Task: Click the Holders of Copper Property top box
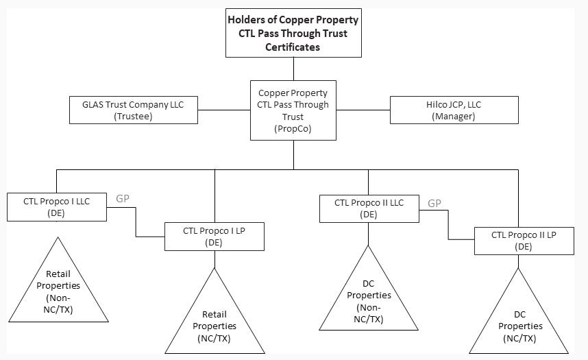(x=293, y=33)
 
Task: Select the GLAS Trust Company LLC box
(x=134, y=110)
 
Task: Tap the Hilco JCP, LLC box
(x=454, y=110)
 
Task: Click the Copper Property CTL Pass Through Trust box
(x=293, y=110)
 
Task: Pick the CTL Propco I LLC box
(x=57, y=207)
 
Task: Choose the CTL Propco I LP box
(x=215, y=236)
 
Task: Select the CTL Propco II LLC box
(x=369, y=208)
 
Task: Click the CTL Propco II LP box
(x=524, y=241)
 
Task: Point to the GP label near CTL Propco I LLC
(x=123, y=199)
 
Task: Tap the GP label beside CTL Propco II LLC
(x=434, y=203)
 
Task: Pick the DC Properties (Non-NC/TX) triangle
(x=369, y=302)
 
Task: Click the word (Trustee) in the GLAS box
(x=134, y=117)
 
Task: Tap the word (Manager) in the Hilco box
(x=454, y=117)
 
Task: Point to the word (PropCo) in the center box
(x=293, y=128)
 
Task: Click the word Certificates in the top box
(x=293, y=47)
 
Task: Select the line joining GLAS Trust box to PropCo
(x=223, y=110)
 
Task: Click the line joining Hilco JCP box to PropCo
(x=363, y=110)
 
